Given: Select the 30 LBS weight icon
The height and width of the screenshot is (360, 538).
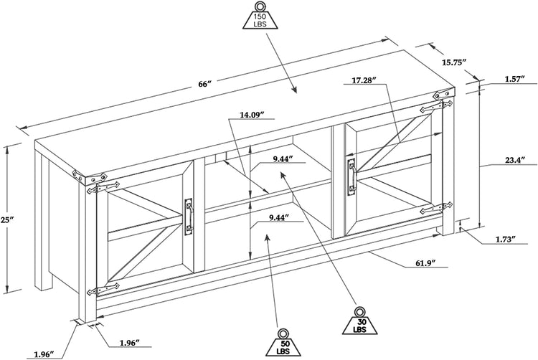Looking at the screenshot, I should click(x=360, y=320).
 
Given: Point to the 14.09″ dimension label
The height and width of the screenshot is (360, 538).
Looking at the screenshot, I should click(x=252, y=114).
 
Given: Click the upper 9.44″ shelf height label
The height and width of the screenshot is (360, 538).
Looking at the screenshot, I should click(x=275, y=159).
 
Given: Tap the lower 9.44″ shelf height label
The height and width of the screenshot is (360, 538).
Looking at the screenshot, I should click(x=274, y=217).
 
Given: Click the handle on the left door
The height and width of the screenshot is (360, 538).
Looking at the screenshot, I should click(x=189, y=216).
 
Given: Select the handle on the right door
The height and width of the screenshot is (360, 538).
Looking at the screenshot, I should click(x=351, y=176).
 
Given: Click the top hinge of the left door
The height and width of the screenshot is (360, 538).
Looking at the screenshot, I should click(x=100, y=189).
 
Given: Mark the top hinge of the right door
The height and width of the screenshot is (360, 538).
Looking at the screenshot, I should click(x=434, y=108).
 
